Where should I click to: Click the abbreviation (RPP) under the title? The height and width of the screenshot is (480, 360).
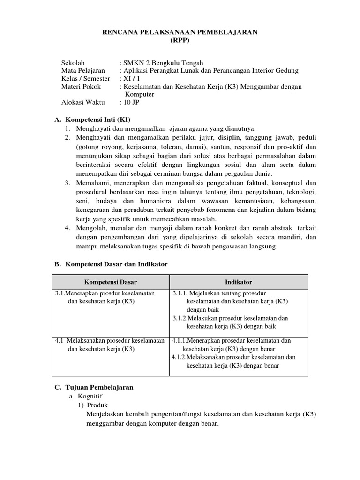(180, 40)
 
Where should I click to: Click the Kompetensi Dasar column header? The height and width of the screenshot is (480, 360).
(110, 282)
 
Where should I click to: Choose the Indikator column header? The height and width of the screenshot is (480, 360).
(239, 282)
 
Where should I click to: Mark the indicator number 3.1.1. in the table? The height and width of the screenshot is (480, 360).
(180, 293)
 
